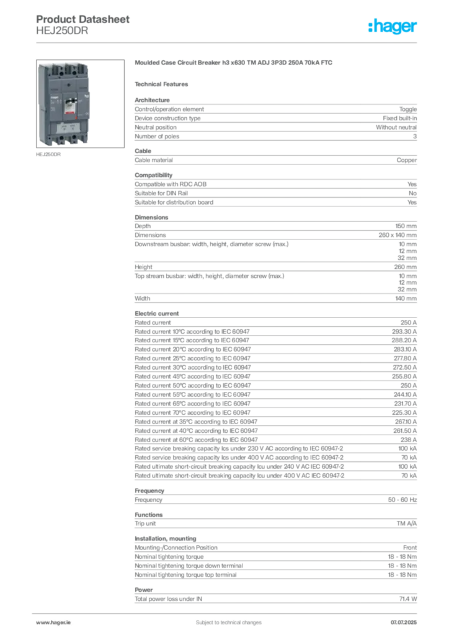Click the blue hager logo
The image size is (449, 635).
(x=393, y=27)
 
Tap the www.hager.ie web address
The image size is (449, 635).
(x=52, y=622)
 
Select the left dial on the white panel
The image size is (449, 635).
(x=64, y=128)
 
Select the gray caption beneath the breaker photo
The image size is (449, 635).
(x=48, y=156)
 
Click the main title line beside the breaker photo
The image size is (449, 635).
(x=236, y=64)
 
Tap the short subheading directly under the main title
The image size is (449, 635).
(x=164, y=83)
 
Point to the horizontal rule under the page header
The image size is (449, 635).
(x=228, y=42)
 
